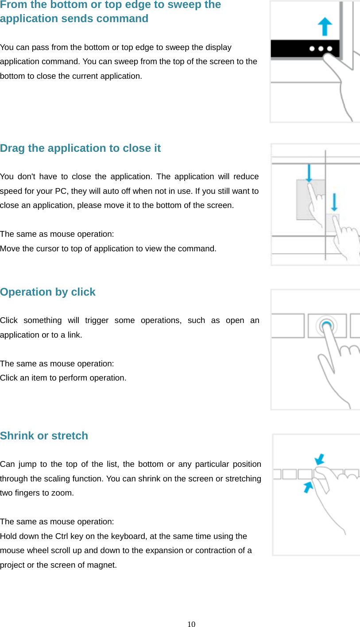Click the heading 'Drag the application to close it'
[x=80, y=148]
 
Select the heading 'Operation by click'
[x=48, y=292]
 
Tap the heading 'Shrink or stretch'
[x=44, y=436]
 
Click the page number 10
[x=191, y=624]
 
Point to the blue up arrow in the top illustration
[x=325, y=26]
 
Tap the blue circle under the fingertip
[x=327, y=325]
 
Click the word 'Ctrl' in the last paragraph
[x=61, y=536]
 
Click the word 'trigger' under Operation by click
[x=97, y=320]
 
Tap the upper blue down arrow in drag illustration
[x=309, y=173]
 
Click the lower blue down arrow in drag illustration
[x=334, y=201]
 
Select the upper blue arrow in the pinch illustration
[x=320, y=458]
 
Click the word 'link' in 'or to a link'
[x=74, y=335]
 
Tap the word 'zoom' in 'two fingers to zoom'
[x=62, y=493]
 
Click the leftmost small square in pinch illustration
[x=277, y=474]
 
